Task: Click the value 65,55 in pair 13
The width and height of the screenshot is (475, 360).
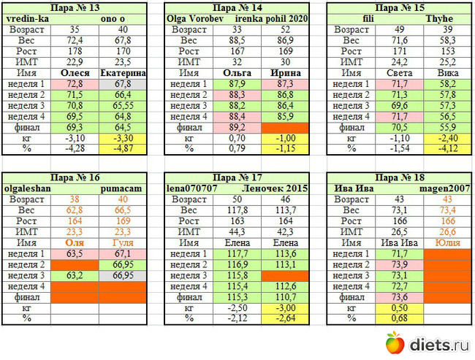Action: pos(123,105)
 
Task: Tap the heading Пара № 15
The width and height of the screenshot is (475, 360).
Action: pos(398,8)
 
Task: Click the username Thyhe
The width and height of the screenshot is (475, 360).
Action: pos(444,18)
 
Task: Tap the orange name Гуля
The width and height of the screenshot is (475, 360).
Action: pos(123,242)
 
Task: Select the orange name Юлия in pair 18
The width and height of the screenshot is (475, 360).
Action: pos(444,242)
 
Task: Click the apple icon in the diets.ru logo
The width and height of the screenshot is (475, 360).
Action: pos(395,342)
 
